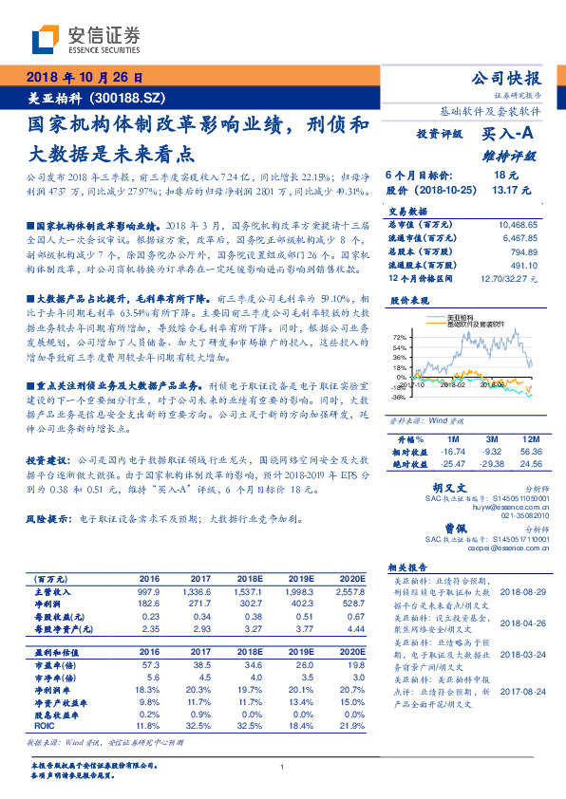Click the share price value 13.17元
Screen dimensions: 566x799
503,190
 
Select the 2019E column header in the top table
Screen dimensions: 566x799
301,577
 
